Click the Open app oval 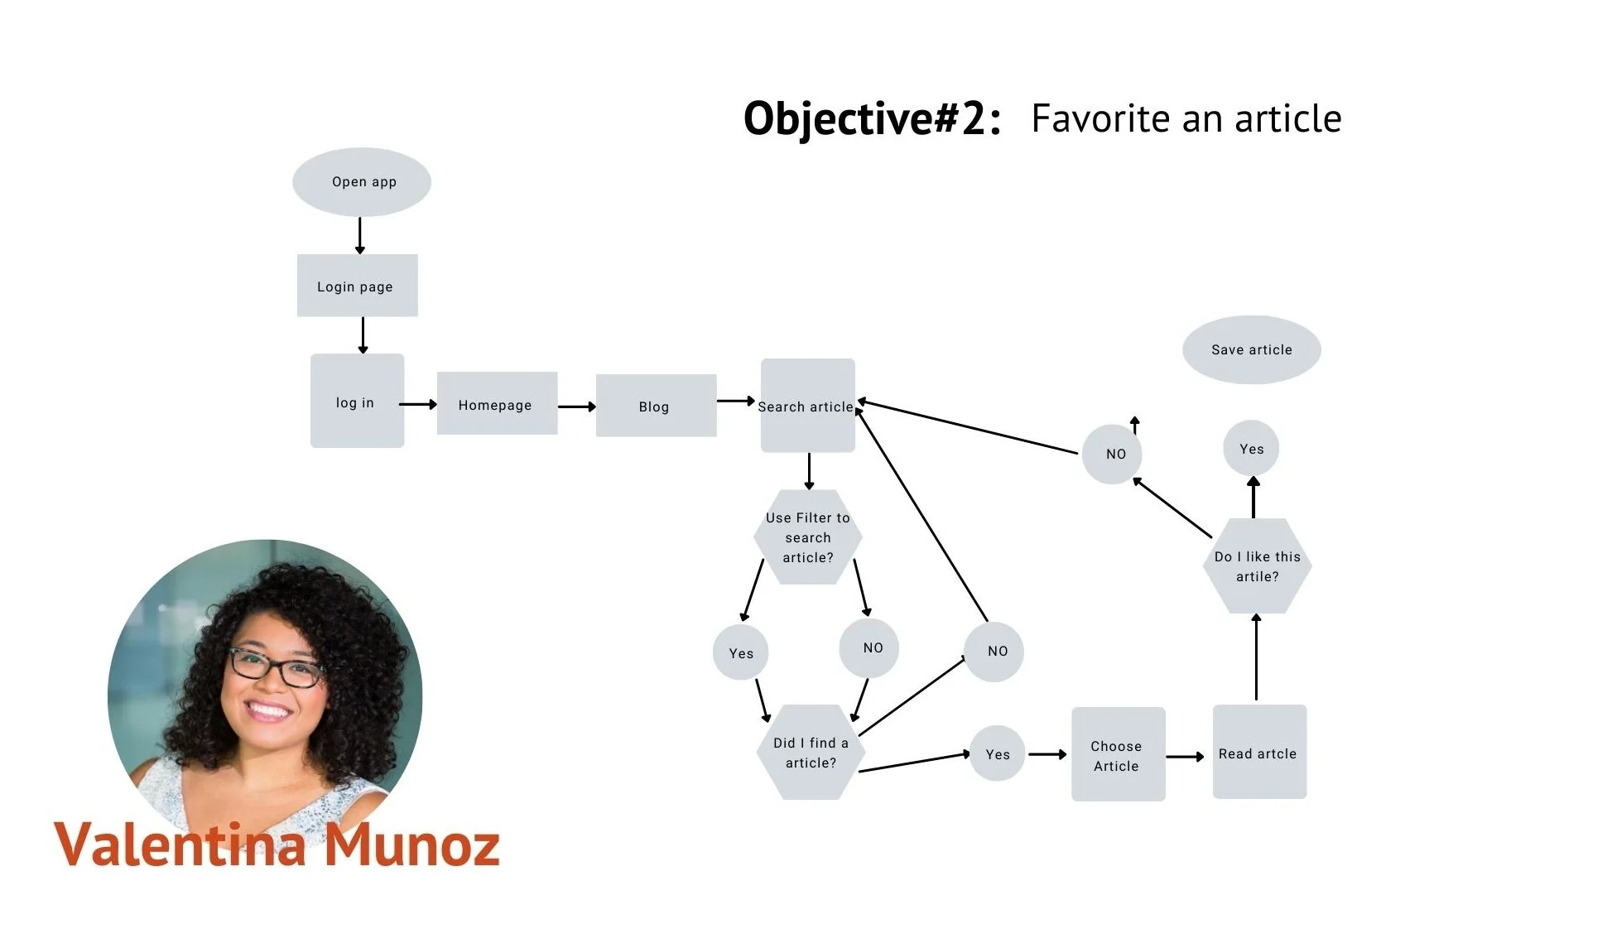(x=362, y=182)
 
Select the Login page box (x=357, y=286)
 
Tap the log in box (x=357, y=402)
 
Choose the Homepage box (x=497, y=403)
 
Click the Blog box (x=656, y=406)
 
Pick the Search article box (x=807, y=406)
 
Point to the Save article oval (x=1251, y=349)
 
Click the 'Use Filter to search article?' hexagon (x=807, y=537)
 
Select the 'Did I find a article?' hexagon (x=811, y=753)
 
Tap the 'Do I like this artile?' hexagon (x=1257, y=566)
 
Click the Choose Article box (x=1118, y=754)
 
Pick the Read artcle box (x=1259, y=752)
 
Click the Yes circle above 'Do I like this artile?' (x=1251, y=449)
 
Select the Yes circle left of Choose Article (x=997, y=754)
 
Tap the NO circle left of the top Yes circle (x=1112, y=454)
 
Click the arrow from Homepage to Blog (x=576, y=407)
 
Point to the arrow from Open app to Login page (x=360, y=235)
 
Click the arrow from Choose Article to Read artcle (x=1185, y=757)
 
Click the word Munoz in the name (x=411, y=845)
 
